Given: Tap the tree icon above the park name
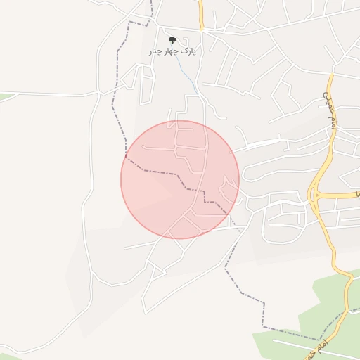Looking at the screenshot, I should coord(173,40).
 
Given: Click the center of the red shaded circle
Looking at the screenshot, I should coord(180,179).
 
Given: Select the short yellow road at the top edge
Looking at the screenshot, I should coord(200,14).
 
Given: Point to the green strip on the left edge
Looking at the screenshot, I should coord(6,96).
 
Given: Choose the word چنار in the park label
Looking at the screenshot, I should coord(156,51).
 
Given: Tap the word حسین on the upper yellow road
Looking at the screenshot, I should coord(326,96).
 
